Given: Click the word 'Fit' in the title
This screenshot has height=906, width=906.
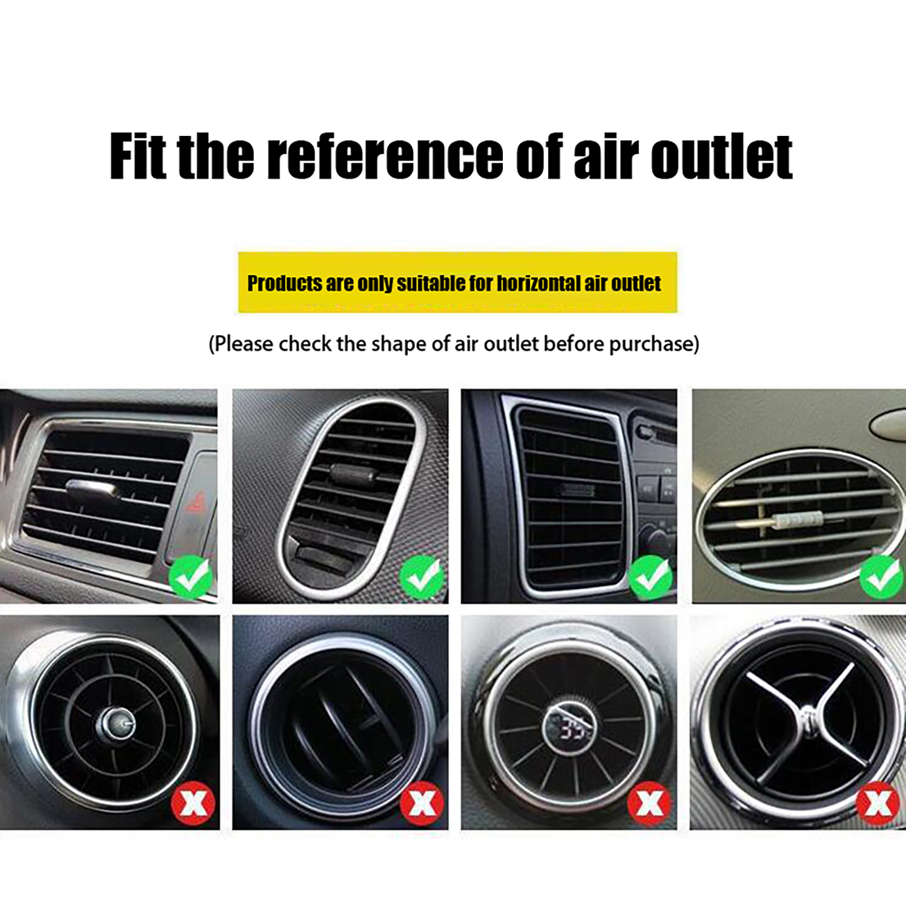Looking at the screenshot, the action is click(138, 156).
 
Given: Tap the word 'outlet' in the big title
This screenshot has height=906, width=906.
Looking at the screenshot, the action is click(721, 157).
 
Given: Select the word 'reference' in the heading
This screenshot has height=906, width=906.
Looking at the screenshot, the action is click(384, 156).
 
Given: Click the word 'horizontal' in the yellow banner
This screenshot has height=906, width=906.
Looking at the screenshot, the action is click(538, 283).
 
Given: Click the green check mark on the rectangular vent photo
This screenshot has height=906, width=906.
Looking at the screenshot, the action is click(191, 577).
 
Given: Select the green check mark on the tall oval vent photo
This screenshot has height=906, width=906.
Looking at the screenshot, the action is click(422, 577).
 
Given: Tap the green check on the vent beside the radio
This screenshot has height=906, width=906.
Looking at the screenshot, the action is click(651, 577).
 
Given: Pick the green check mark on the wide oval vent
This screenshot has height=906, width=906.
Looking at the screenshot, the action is click(882, 577).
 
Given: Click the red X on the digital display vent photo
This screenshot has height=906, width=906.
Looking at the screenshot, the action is click(649, 804).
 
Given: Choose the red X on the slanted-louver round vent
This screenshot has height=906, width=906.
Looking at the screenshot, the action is click(422, 804).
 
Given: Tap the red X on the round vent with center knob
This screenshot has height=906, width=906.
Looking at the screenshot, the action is click(193, 804).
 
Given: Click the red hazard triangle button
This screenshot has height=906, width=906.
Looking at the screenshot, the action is click(195, 502).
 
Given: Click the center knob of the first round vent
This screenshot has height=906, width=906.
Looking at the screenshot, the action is click(118, 724).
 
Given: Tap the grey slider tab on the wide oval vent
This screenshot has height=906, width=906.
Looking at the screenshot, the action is click(800, 519).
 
